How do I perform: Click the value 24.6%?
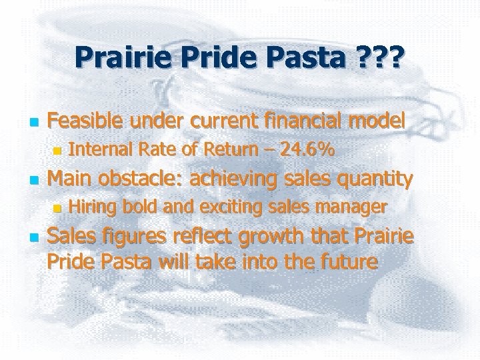[307, 151]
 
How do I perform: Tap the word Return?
[221, 151]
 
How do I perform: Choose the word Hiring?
[92, 207]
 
